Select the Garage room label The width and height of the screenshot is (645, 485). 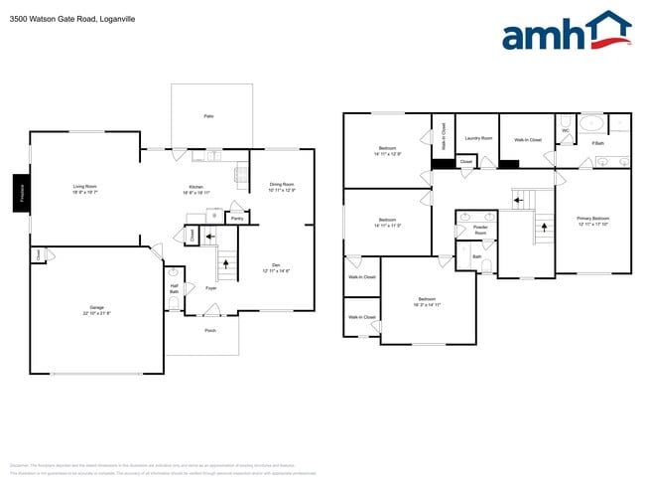tap(96, 309)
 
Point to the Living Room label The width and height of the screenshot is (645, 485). tap(84, 186)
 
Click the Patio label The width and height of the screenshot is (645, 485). tap(208, 116)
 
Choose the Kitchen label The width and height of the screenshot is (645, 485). tap(196, 187)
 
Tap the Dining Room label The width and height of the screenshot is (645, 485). tap(282, 184)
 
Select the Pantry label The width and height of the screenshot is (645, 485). tap(237, 218)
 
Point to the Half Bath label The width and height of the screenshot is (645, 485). tap(174, 288)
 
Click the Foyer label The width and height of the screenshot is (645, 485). tap(211, 288)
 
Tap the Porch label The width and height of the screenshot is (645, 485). tap(210, 330)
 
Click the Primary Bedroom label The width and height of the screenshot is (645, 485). tap(592, 218)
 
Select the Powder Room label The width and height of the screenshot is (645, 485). tap(480, 229)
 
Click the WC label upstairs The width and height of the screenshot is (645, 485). tap(565, 130)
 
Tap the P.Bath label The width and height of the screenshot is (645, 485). tap(597, 143)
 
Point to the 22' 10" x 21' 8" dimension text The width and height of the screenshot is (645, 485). tap(96, 314)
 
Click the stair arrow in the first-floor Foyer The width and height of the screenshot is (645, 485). tap(227, 263)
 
